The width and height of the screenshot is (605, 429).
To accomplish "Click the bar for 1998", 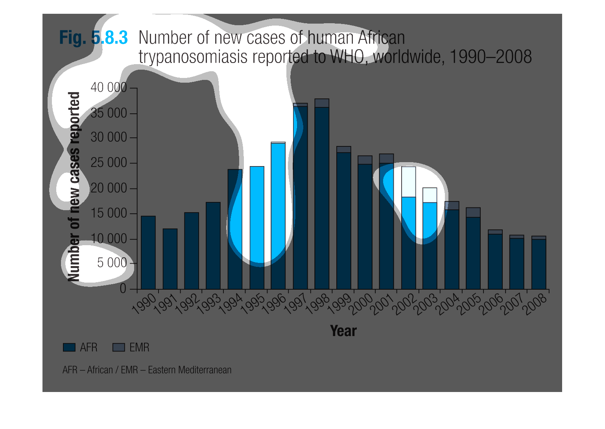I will click(322, 197).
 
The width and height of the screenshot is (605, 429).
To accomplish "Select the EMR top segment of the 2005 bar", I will click(473, 213).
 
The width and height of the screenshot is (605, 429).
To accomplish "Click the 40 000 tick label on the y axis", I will click(109, 87).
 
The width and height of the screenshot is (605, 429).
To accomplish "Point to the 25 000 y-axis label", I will click(109, 163).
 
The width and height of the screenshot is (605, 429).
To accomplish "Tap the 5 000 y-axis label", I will click(112, 263).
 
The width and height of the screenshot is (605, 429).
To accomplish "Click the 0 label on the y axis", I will click(123, 289).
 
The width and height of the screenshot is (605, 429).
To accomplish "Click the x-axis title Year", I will click(343, 331).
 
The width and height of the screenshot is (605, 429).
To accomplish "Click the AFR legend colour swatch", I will click(69, 348).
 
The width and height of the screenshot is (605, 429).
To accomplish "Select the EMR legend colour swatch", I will click(118, 348).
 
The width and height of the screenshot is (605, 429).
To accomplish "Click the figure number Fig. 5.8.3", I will click(94, 38).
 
